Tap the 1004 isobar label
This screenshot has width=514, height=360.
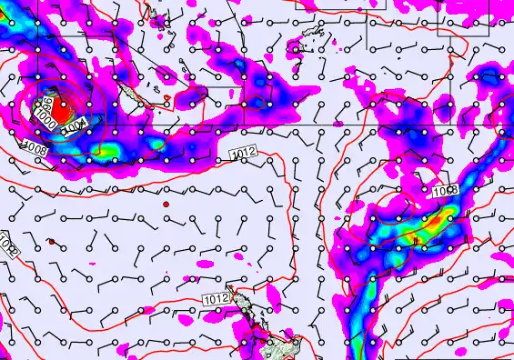76,126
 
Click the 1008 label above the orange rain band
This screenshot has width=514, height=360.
445,191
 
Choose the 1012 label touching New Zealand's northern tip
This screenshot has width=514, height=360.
215,298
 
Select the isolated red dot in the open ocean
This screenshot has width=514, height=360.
166,205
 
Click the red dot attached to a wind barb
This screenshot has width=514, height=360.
52,241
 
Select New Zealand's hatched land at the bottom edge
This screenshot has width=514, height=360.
277,348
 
